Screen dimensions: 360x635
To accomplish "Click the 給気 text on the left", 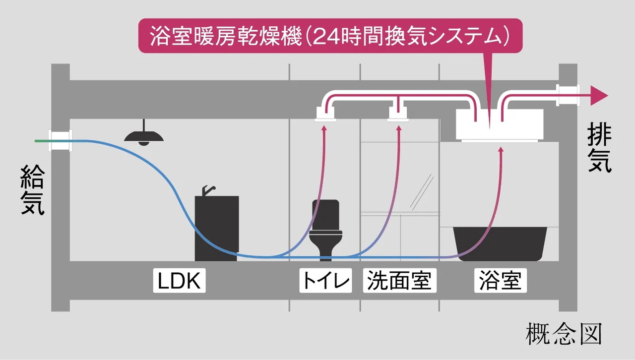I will tap(33, 190).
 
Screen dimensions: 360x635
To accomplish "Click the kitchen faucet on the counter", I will tap(208, 190).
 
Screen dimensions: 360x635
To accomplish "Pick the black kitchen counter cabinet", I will tap(217, 228).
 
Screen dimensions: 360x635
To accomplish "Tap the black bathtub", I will tap(502, 243).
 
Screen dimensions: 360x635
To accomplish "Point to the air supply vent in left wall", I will tap(60, 141).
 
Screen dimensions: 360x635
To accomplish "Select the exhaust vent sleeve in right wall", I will tap(568, 96).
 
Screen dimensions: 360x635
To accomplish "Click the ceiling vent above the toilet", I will tap(325, 115).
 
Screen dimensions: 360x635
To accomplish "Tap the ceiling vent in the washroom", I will tap(398, 115).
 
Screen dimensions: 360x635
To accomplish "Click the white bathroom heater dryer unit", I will tap(499, 125).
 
